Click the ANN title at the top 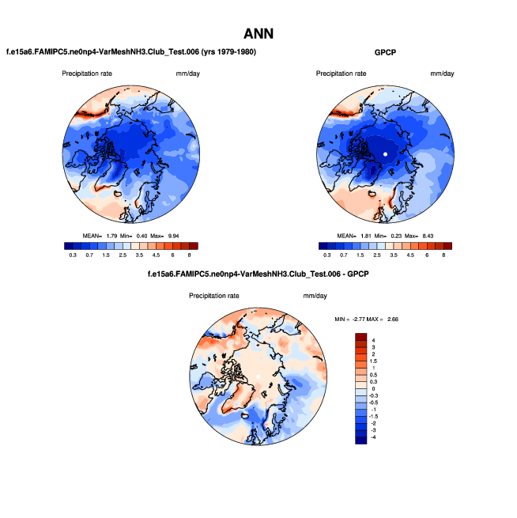point(258,33)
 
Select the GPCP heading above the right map point(386,52)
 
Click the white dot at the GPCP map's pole point(385,153)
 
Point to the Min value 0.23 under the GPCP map point(396,235)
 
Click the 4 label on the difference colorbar point(373,338)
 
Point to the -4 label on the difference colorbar point(375,437)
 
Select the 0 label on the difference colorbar point(373,388)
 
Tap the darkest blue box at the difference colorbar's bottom point(361,440)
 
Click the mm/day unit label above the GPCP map point(443,74)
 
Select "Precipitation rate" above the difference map point(213,296)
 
